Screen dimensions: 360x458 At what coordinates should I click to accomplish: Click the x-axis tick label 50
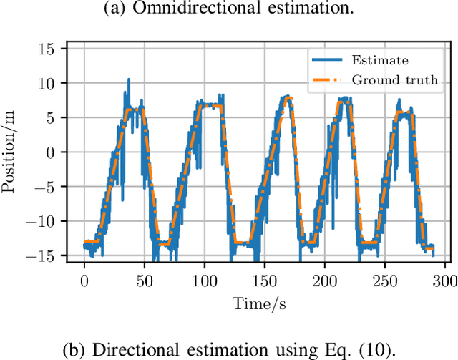[x=144, y=278]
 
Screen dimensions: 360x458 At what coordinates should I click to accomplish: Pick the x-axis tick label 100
[x=204, y=278]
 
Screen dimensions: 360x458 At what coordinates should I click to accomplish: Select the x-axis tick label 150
[x=264, y=278]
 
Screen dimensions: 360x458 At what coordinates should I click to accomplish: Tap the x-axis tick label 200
[x=324, y=278]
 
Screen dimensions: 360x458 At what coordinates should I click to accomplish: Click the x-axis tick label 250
[x=385, y=278]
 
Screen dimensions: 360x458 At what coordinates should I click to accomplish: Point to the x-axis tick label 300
[x=444, y=278]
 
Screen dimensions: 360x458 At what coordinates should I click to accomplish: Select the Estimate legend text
[x=381, y=60]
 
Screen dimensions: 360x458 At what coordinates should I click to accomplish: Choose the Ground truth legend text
[x=395, y=79]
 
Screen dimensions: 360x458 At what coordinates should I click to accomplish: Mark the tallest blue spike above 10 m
[x=129, y=80]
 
